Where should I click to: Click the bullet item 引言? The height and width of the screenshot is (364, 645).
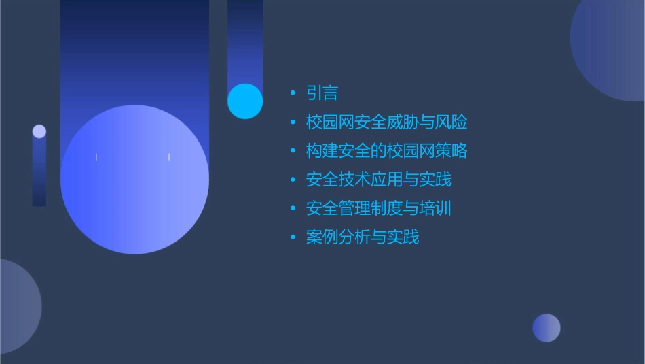[x=322, y=93]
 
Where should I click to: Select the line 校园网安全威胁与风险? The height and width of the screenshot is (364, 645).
[x=386, y=122]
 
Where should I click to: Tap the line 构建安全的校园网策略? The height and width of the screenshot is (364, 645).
[x=386, y=151]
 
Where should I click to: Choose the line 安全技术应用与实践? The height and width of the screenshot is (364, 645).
[x=378, y=180]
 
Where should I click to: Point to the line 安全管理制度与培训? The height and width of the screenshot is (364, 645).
[x=378, y=208]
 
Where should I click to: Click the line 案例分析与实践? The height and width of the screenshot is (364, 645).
[x=363, y=237]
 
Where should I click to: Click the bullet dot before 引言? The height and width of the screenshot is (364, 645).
[x=293, y=93]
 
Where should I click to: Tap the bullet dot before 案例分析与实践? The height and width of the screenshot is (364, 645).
[x=293, y=237]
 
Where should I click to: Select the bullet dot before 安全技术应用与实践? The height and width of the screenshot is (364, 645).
[x=293, y=180]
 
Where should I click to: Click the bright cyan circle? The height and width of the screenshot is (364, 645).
[x=245, y=101]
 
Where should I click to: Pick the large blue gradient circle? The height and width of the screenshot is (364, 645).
[x=134, y=180]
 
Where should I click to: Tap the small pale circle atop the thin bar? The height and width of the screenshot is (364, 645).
[x=39, y=131]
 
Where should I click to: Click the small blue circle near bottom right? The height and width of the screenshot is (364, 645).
[x=547, y=328]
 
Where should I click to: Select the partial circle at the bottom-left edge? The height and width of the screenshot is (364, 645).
[x=17, y=306]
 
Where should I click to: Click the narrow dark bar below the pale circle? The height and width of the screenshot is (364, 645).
[x=39, y=173]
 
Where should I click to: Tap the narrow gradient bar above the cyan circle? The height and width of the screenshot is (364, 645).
[x=245, y=41]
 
